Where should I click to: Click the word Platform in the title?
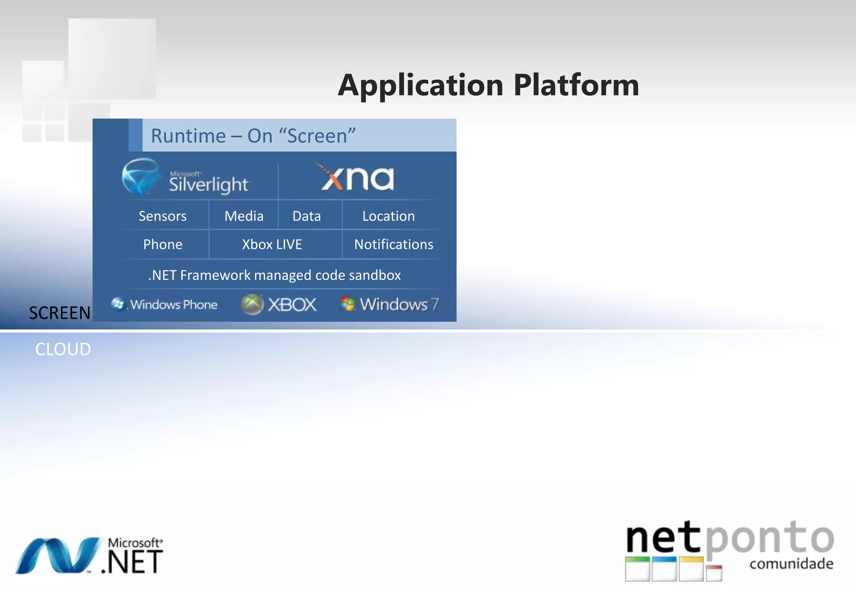(576, 85)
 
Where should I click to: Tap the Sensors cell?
(163, 216)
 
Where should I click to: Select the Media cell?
(244, 216)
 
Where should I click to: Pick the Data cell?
(307, 216)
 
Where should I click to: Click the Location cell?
(388, 216)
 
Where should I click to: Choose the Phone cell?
(163, 245)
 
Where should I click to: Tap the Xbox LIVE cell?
(272, 245)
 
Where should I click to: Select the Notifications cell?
(394, 245)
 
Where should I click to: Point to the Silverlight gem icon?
(140, 176)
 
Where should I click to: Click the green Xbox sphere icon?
(252, 304)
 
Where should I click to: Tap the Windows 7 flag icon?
(348, 304)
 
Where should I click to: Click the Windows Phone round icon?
(118, 304)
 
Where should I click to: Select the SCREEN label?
(60, 313)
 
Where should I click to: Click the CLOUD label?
(63, 349)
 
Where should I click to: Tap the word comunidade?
(791, 564)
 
